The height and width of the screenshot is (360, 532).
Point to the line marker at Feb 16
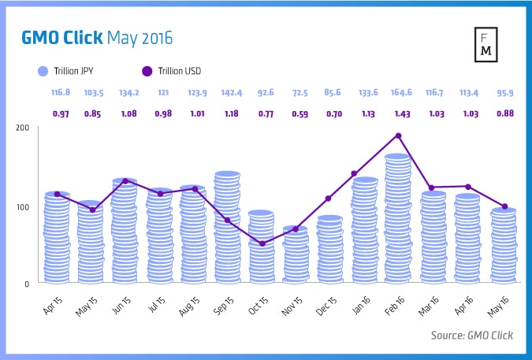pos(398,135)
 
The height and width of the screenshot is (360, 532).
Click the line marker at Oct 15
pos(262,243)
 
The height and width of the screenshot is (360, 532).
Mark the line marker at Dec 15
pos(328,199)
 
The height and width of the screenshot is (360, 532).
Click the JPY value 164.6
pos(400,94)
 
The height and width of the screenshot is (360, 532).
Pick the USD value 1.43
pos(400,113)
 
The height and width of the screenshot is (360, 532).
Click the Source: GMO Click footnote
pos(472,335)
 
